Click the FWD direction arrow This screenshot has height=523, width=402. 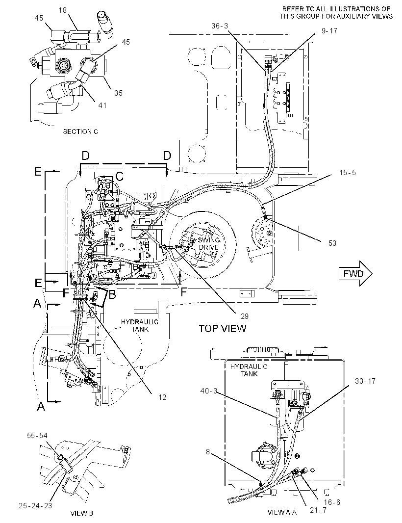tap(355, 274)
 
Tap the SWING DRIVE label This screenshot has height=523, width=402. tap(209, 243)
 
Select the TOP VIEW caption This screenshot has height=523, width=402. tap(223, 329)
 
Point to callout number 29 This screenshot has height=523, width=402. tap(244, 316)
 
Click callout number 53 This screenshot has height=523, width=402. tap(332, 243)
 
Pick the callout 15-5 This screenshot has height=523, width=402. tap(348, 172)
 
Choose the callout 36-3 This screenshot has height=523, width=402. tap(220, 26)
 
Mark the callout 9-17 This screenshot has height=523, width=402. tap(329, 31)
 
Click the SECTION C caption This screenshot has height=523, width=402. tap(80, 132)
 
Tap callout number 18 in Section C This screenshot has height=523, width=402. tap(63, 10)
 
